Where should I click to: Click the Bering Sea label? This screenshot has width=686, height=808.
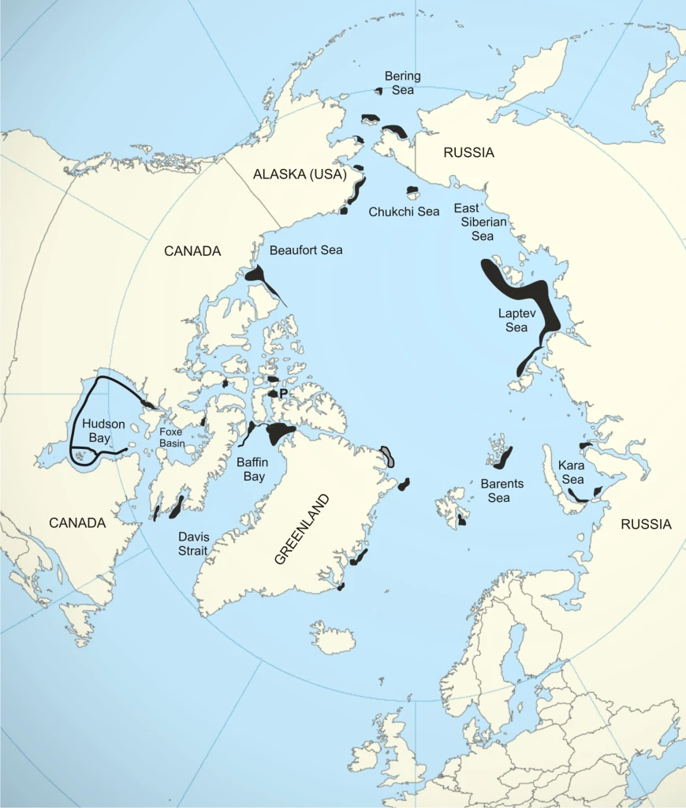(x=402, y=83)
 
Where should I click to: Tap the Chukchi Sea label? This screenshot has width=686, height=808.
(x=404, y=211)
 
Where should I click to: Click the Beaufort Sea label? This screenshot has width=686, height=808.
(x=306, y=250)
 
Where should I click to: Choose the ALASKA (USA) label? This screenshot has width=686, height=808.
(x=300, y=175)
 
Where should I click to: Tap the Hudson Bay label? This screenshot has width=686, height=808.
(x=99, y=430)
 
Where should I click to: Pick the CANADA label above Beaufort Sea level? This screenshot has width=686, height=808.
(x=192, y=251)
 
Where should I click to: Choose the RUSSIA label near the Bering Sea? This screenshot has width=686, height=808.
(x=468, y=153)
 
